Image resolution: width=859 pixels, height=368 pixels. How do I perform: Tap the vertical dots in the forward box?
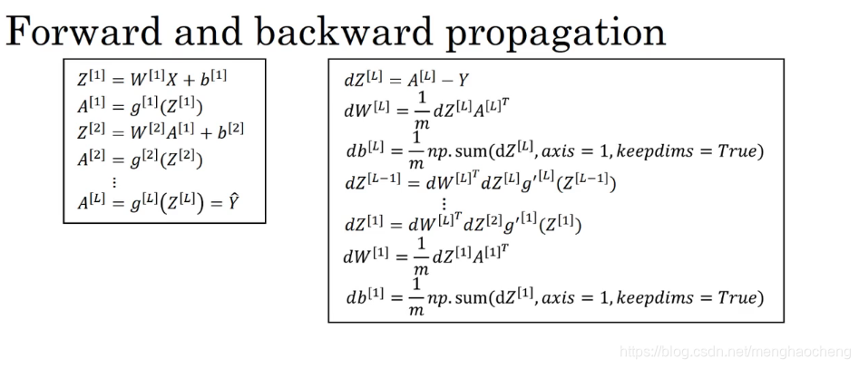pos(114,182)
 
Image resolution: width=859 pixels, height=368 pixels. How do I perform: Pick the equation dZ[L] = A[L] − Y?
pos(405,79)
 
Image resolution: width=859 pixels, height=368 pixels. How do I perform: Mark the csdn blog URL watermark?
pos(732,351)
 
